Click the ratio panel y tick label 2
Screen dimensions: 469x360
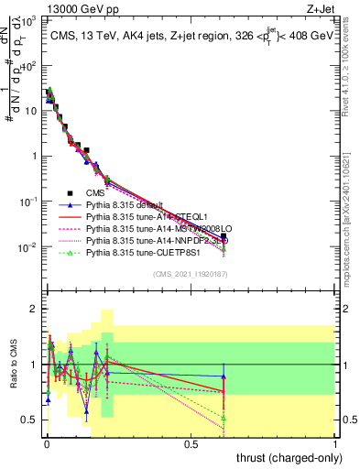[x=35, y=309]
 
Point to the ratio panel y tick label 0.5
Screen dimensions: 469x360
[x=30, y=420]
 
